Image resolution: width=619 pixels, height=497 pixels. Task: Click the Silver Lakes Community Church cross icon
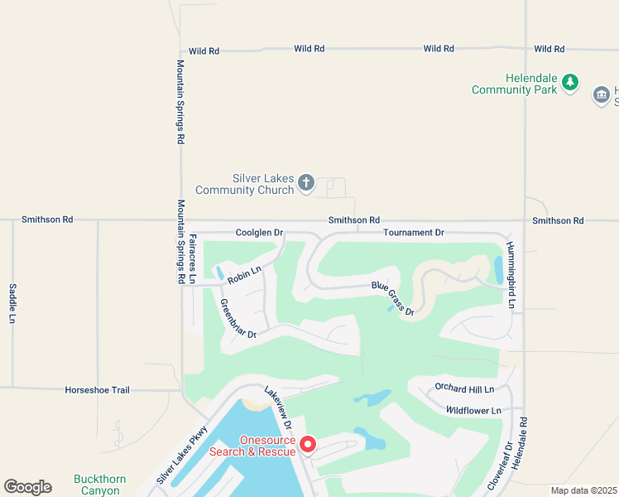point(306,182)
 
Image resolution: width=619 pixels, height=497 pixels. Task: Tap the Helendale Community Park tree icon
point(569,83)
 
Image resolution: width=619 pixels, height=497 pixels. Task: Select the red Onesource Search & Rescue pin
point(307,446)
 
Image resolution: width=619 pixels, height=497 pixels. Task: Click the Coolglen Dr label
point(259,233)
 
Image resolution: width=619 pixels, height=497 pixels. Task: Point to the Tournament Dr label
point(414,233)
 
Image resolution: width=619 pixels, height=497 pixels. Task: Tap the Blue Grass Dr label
point(392,298)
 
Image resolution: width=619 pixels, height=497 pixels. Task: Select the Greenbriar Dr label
point(238,320)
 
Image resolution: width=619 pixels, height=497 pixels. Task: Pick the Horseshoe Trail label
point(98,389)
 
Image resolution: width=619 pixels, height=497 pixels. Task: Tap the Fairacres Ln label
point(193,259)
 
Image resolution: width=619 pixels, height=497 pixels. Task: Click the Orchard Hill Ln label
point(464,388)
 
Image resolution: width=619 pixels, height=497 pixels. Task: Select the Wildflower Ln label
point(473,410)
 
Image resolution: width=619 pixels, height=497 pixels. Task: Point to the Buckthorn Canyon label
point(97,485)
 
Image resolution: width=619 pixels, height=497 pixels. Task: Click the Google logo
point(27,487)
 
